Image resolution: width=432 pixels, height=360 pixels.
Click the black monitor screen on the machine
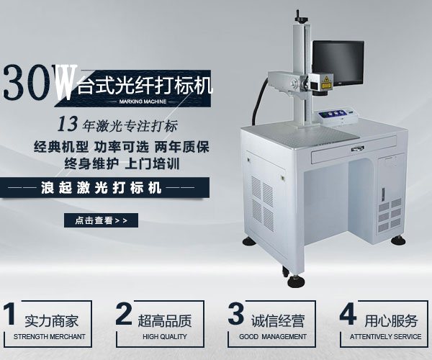pos(338,64)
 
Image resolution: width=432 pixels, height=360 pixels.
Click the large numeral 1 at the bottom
pos(10,316)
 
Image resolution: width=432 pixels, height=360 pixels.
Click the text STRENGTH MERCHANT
pos(49,337)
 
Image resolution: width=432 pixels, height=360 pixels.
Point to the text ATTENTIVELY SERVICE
pos(387,337)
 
